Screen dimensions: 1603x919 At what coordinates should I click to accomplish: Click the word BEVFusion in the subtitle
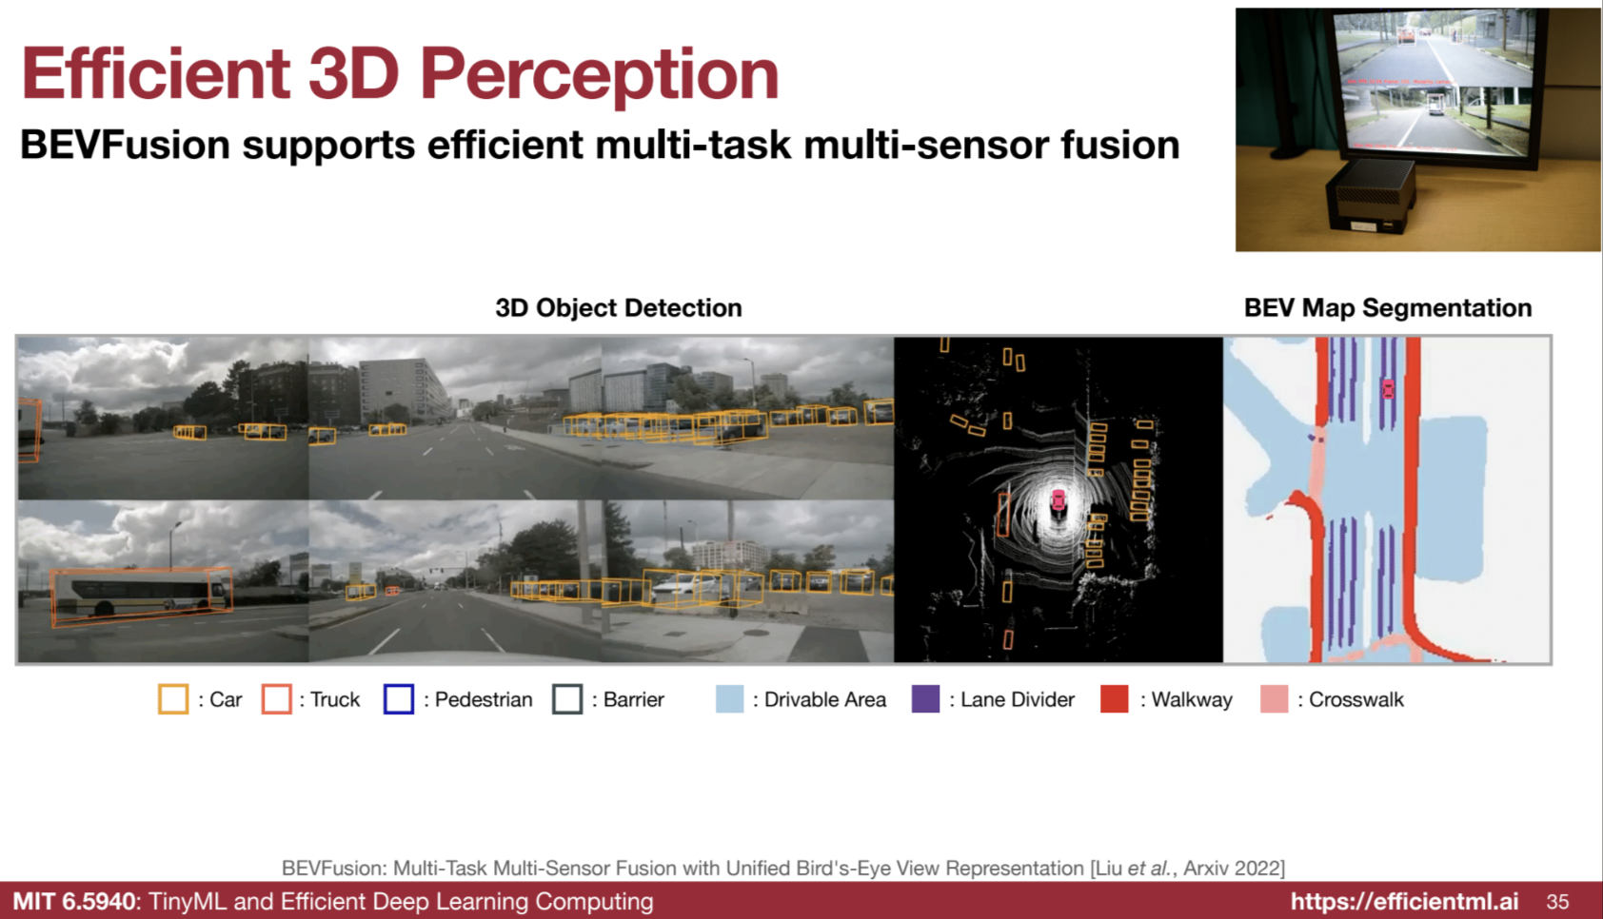pos(125,145)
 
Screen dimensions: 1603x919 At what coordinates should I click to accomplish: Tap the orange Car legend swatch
pos(173,698)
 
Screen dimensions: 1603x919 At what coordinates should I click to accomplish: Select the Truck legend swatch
pos(276,698)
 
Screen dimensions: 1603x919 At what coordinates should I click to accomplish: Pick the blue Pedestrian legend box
pos(399,698)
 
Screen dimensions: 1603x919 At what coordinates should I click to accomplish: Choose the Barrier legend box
pos(567,698)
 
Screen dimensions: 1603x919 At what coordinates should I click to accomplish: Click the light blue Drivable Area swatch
pos(730,698)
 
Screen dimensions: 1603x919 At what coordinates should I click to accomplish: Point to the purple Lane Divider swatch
pos(925,698)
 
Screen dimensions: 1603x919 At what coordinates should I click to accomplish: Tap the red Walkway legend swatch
pos(1115,698)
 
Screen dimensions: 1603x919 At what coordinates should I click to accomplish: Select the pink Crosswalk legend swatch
pos(1275,698)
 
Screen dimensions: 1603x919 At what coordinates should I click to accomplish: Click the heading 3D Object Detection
pos(619,307)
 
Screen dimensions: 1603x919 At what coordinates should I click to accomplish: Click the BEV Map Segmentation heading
pos(1388,307)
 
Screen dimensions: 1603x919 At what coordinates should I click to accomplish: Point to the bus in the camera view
pos(141,595)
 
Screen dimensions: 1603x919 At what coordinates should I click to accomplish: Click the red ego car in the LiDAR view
pos(1058,499)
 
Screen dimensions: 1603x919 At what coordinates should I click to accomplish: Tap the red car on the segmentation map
pos(1388,389)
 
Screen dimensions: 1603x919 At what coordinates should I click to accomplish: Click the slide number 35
pos(1557,901)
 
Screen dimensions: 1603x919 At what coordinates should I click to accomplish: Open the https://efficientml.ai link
pos(1404,901)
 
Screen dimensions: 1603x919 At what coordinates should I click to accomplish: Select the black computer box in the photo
pos(1370,195)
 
